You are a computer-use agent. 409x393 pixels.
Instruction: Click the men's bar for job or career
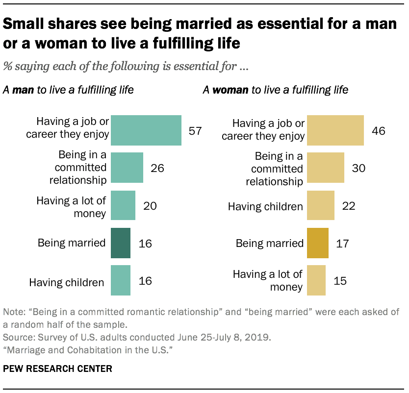coord(146,130)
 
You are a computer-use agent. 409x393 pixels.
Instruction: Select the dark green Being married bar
coord(121,243)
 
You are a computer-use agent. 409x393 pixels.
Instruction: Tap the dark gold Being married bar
coord(318,243)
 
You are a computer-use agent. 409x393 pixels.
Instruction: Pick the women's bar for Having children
coord(321,206)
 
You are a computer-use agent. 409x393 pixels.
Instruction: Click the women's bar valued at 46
coord(335,130)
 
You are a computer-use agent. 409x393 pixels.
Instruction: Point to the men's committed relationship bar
coord(127,168)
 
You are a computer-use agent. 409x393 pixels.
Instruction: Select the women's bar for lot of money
coord(316,280)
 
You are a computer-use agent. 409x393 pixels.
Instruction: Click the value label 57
coord(196,131)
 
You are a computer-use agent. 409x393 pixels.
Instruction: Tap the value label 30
coord(359,168)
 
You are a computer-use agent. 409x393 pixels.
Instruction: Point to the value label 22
coord(349,206)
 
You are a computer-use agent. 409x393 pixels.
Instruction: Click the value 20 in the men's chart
coord(150,206)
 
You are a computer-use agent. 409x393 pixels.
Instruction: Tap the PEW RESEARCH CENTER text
coord(57,368)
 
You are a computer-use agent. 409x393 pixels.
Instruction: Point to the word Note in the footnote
coord(12,312)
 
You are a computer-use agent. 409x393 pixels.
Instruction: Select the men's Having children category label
coord(67,282)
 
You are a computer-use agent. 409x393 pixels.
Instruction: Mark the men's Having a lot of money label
coord(72,206)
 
